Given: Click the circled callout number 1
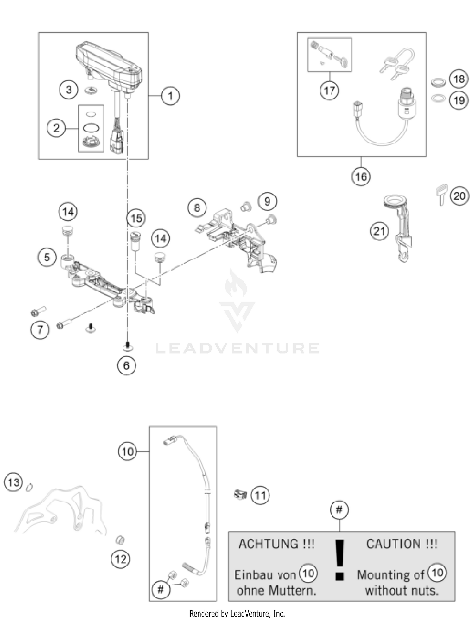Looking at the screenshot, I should click(x=170, y=96).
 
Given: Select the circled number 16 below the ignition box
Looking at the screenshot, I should click(x=361, y=176).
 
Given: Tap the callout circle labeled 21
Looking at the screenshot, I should click(x=379, y=231).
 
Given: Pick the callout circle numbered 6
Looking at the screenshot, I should click(x=126, y=366).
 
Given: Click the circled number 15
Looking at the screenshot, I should click(x=136, y=218).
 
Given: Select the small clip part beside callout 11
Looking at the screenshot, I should click(x=240, y=494).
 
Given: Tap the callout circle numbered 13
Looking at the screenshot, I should click(x=13, y=483).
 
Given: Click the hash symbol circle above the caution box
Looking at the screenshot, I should click(x=339, y=510).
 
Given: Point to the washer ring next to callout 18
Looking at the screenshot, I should click(x=438, y=82).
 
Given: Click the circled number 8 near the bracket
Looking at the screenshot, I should click(x=197, y=208).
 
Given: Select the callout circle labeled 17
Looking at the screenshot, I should click(x=329, y=91).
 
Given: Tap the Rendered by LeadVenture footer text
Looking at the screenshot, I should click(x=237, y=614).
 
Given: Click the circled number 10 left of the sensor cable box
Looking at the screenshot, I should click(x=127, y=451).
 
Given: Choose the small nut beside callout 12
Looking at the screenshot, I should click(x=120, y=540).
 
